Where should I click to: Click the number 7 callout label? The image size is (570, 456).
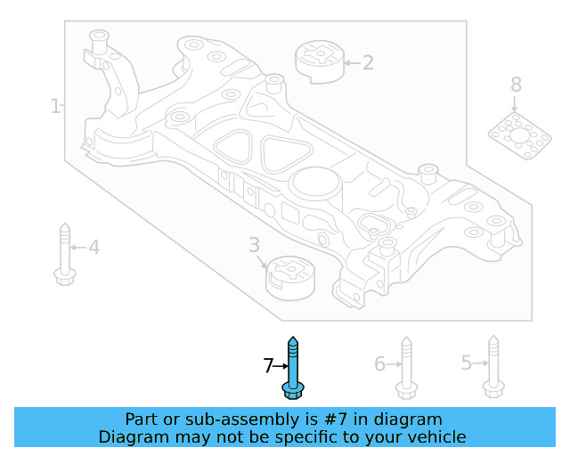click(268, 365)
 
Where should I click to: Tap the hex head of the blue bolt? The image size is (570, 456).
click(292, 390)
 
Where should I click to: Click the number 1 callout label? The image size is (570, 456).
click(54, 107)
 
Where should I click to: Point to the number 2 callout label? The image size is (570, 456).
click(367, 62)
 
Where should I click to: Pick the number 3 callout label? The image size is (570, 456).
click(254, 244)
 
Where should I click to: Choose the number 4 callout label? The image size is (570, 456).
click(94, 247)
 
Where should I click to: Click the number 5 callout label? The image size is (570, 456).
click(466, 362)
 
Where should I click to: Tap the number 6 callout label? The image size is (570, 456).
click(379, 363)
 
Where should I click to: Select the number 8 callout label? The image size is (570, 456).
click(516, 85)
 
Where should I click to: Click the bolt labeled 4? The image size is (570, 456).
click(63, 253)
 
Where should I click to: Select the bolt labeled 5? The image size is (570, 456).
click(492, 365)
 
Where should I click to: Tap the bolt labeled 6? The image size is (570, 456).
click(405, 367)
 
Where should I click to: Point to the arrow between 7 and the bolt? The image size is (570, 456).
click(281, 365)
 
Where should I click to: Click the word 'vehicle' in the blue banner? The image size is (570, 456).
click(434, 436)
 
